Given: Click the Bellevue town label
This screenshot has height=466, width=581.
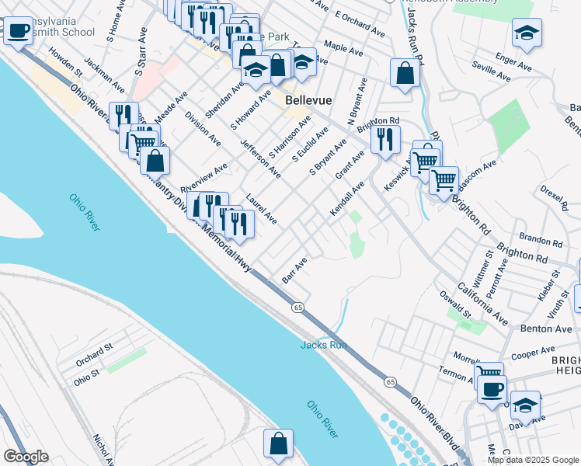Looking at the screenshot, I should (x=309, y=100).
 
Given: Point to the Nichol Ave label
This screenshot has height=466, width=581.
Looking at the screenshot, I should (x=100, y=450).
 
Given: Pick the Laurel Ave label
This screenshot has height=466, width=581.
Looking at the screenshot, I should (x=261, y=209).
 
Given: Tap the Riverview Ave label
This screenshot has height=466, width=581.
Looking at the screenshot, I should (x=204, y=178).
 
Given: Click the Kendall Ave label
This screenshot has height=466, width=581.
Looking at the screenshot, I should (x=347, y=200).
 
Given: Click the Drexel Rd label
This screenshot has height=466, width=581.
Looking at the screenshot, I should (x=555, y=199).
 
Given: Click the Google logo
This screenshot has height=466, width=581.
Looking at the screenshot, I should (x=26, y=457).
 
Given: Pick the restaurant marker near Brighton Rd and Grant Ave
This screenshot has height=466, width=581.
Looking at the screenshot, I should (x=385, y=139).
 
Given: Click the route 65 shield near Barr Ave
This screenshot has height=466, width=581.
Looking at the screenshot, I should (x=297, y=308).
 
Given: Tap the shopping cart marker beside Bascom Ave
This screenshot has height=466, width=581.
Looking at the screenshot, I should (x=444, y=180).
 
